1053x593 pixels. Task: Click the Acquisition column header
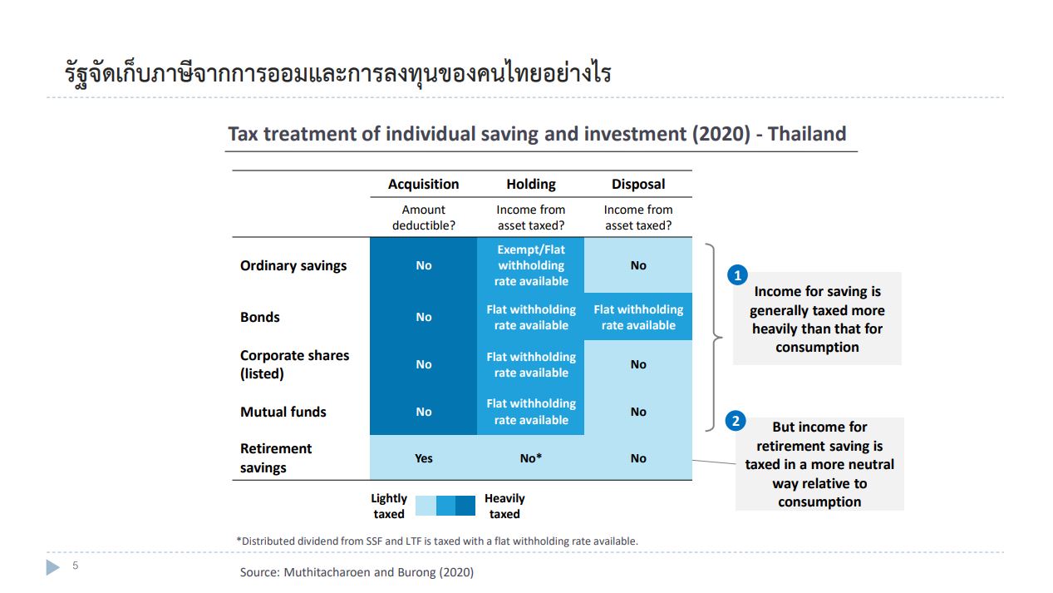click(x=423, y=184)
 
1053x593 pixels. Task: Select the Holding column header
click(x=531, y=184)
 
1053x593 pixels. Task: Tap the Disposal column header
click(x=638, y=184)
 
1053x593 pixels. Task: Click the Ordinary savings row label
click(x=293, y=265)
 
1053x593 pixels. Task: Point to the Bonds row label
click(x=260, y=317)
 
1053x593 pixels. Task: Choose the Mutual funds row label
click(x=283, y=412)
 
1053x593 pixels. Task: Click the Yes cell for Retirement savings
click(x=424, y=458)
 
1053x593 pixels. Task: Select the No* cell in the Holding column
click(x=531, y=458)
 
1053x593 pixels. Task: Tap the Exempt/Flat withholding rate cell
click(x=531, y=265)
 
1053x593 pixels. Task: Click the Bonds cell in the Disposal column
click(x=638, y=317)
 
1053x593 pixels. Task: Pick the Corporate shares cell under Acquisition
click(x=424, y=364)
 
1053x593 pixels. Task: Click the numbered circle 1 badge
click(x=737, y=275)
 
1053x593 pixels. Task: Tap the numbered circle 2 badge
click(x=736, y=420)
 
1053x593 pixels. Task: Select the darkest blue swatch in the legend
click(x=465, y=506)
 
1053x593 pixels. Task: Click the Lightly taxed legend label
click(x=389, y=506)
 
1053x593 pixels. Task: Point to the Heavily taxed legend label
click(x=504, y=506)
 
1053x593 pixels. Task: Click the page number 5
click(x=75, y=566)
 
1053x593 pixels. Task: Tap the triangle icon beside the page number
click(x=52, y=567)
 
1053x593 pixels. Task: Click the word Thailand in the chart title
click(x=807, y=134)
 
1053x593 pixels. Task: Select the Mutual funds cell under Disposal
click(x=638, y=412)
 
